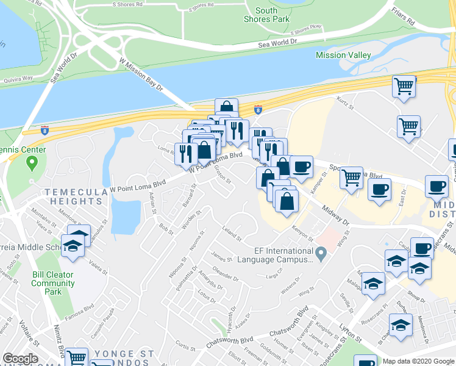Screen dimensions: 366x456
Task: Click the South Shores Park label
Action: [x=266, y=15]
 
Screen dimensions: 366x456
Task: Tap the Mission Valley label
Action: [x=343, y=56]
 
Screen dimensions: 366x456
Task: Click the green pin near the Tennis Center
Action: [x=32, y=163]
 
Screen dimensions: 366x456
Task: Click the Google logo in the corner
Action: [x=20, y=359]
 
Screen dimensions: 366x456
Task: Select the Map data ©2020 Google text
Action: [x=418, y=361]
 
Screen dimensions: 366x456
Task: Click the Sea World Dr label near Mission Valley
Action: [x=277, y=43]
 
